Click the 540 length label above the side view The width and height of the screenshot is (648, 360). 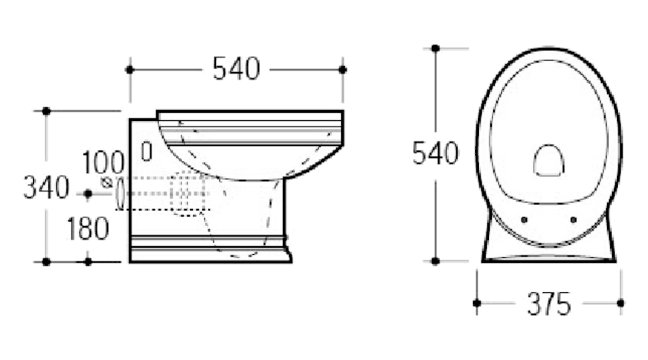click(x=236, y=68)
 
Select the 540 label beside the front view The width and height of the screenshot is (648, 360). click(x=435, y=153)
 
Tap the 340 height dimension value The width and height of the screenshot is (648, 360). click(x=46, y=188)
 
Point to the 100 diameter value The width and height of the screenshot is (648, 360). click(x=103, y=163)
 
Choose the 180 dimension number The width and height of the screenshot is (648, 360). click(x=88, y=228)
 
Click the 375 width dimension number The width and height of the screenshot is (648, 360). click(x=549, y=305)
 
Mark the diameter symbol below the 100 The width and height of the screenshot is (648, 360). click(x=107, y=182)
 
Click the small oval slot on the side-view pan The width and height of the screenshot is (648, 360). click(x=147, y=152)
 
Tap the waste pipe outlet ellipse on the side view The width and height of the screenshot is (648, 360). click(x=120, y=193)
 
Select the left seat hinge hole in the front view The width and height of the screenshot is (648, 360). click(x=524, y=220)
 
